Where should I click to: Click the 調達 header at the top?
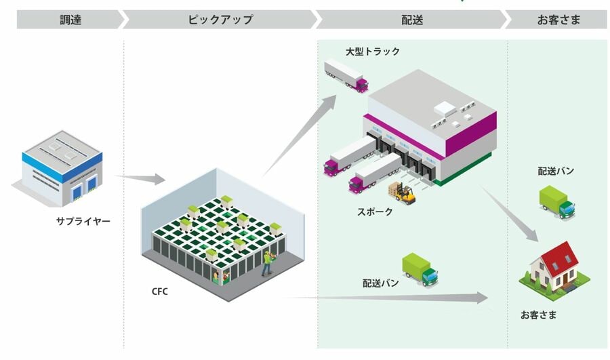click(x=70, y=20)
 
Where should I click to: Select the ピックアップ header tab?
click(x=220, y=20)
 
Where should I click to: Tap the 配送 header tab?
click(x=412, y=20)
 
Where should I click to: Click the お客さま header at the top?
click(x=558, y=20)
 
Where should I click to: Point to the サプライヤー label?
click(x=83, y=221)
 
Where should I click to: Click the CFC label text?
click(x=159, y=292)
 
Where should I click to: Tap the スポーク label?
click(x=375, y=212)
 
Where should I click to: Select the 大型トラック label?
click(x=373, y=52)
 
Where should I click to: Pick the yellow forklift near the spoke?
click(x=403, y=193)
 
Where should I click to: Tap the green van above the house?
click(x=556, y=202)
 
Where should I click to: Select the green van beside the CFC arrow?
click(x=420, y=268)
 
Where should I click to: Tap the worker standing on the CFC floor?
click(x=268, y=262)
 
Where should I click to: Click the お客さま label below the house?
click(x=539, y=315)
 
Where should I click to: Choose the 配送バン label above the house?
click(x=556, y=171)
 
